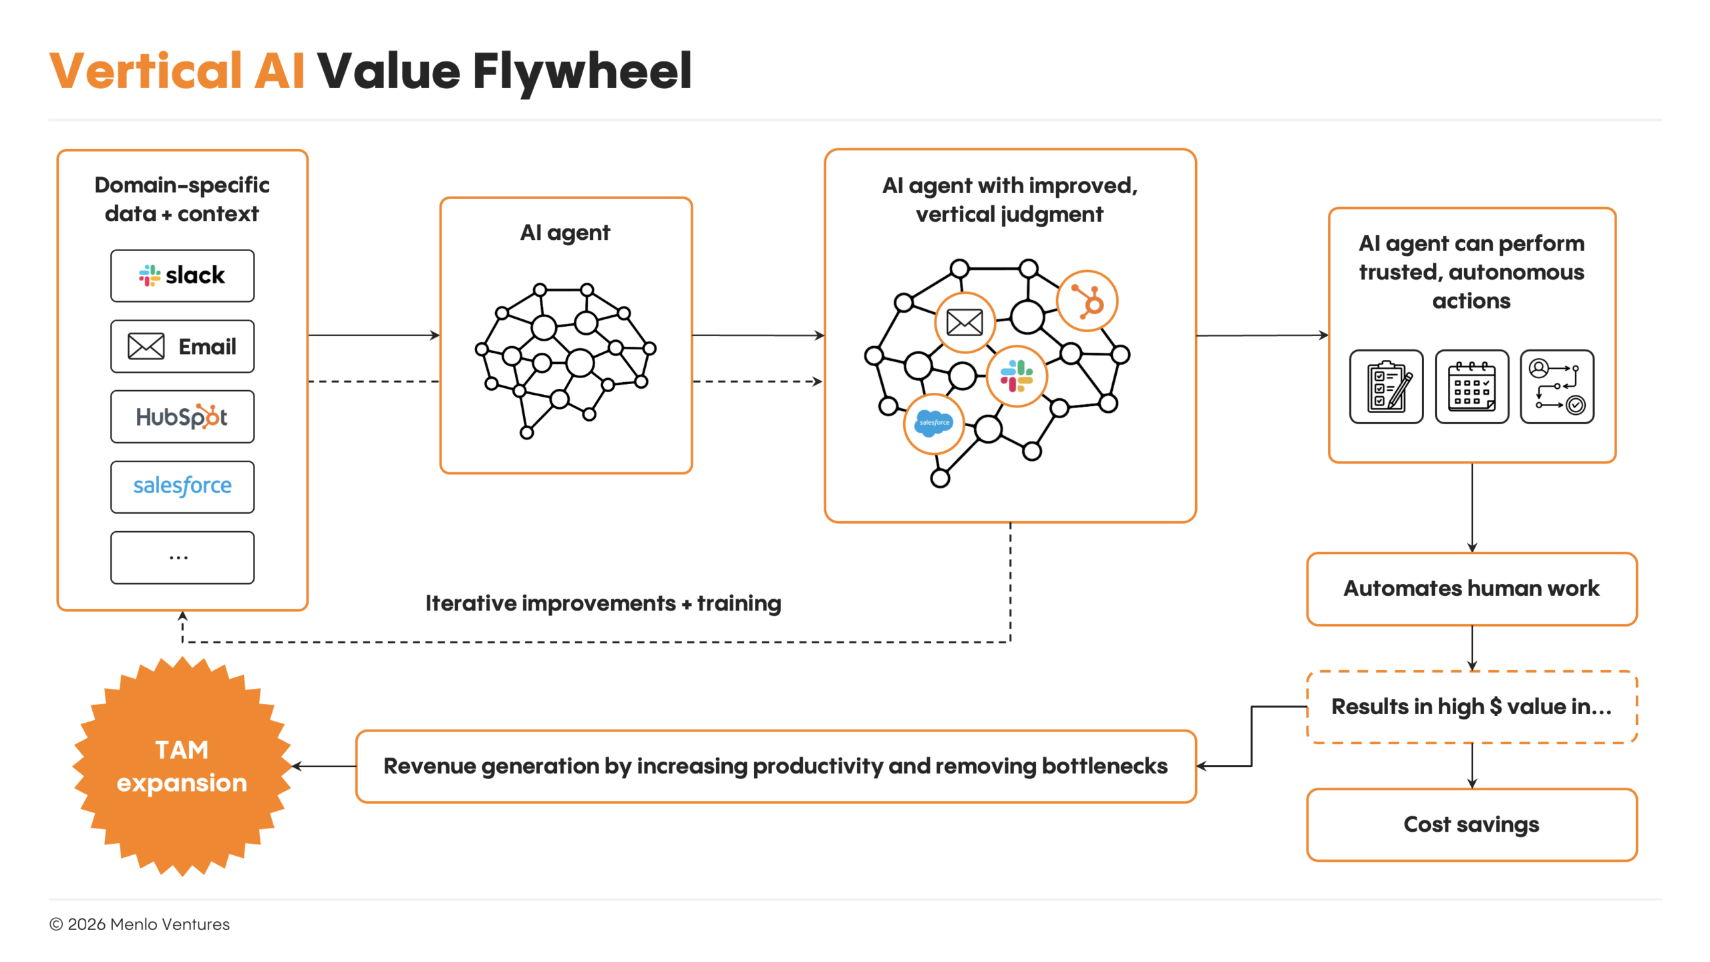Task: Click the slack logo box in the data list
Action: (182, 275)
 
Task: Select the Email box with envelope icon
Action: (182, 346)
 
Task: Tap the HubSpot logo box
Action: (182, 417)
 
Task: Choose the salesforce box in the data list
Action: (182, 486)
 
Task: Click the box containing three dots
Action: (182, 557)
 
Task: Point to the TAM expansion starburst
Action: (182, 766)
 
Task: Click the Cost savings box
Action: (1472, 824)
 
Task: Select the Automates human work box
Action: (1472, 589)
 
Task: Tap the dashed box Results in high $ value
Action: (1472, 707)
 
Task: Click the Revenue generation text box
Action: (776, 766)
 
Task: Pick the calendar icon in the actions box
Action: (1472, 386)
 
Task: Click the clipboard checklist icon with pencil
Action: (1387, 386)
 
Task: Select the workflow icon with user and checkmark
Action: (1557, 386)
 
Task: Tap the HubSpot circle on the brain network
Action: (1087, 301)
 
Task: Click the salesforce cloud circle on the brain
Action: (934, 423)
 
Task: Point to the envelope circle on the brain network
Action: (965, 323)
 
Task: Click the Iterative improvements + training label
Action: (603, 603)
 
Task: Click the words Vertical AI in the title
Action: (177, 71)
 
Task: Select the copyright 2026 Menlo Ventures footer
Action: (140, 925)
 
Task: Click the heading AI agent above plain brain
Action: (565, 233)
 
